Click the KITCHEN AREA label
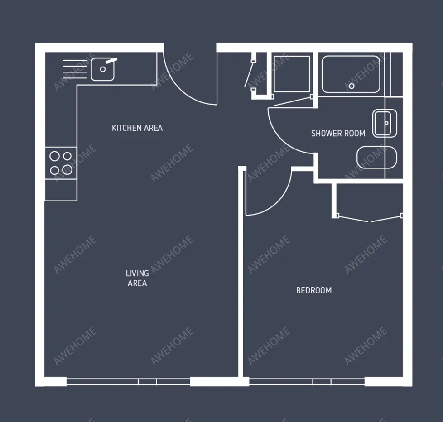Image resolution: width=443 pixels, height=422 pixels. pyautogui.click(x=137, y=128)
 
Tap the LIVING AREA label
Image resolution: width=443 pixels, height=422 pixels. pyautogui.click(x=137, y=278)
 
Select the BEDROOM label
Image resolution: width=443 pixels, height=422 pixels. pyautogui.click(x=314, y=290)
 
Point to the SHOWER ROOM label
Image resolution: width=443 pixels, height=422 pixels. pyautogui.click(x=338, y=133)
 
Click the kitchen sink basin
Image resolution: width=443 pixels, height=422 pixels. pyautogui.click(x=102, y=69)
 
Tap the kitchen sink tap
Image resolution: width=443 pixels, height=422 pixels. pyautogui.click(x=111, y=60)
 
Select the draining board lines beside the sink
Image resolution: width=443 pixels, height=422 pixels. pyautogui.click(x=75, y=69)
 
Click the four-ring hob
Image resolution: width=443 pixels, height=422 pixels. pyautogui.click(x=61, y=163)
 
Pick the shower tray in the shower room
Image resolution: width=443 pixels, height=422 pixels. pyautogui.click(x=351, y=74)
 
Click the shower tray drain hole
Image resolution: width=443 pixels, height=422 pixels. pyautogui.click(x=352, y=86)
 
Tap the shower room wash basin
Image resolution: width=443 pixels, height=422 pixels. pyautogui.click(x=385, y=124)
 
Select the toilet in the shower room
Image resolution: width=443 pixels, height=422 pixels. pyautogui.click(x=376, y=158)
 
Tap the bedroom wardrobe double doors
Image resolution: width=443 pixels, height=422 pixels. pyautogui.click(x=370, y=219)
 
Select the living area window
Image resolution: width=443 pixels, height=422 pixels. pyautogui.click(x=128, y=382)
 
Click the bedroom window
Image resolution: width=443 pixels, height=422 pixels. pyautogui.click(x=307, y=382)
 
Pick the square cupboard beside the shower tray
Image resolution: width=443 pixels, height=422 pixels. pyautogui.click(x=292, y=74)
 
